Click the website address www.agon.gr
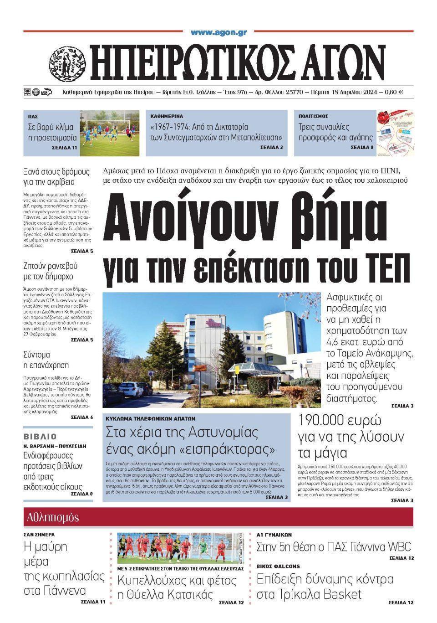(218, 33)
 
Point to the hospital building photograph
(212, 350)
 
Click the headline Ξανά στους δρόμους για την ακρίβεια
(56, 177)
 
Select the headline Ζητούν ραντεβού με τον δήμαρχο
(50, 271)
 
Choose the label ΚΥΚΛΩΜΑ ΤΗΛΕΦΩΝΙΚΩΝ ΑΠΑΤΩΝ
(150, 418)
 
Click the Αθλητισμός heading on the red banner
(53, 517)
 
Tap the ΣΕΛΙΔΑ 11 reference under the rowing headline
(93, 602)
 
